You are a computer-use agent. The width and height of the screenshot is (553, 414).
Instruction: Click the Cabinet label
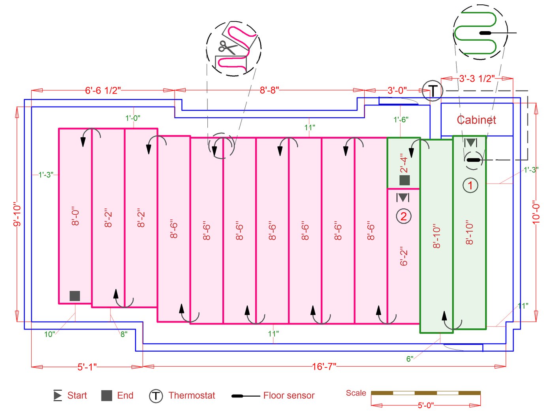[x=476, y=120]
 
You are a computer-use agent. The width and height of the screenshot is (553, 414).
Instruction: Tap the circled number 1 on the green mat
[x=470, y=185]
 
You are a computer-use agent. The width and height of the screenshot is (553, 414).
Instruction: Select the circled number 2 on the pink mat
[x=403, y=216]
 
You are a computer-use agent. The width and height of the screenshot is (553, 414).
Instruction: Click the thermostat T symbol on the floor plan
[x=433, y=91]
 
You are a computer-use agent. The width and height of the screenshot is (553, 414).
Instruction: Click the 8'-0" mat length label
[x=75, y=216]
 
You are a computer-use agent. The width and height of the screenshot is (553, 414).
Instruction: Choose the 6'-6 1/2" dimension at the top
[x=103, y=90]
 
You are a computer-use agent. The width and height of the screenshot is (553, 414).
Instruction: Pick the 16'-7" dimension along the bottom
[x=324, y=367]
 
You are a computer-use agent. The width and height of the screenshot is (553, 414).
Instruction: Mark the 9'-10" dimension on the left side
[x=17, y=215]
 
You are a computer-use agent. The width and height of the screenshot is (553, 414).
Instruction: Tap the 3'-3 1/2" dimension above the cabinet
[x=477, y=79]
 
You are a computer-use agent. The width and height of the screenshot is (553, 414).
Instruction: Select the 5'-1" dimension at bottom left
[x=87, y=367]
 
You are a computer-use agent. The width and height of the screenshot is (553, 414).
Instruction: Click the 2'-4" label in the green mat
[x=404, y=163]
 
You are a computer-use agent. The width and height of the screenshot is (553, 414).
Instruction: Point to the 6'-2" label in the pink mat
[x=404, y=257]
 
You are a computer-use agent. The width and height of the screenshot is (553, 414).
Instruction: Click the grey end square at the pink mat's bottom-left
[x=75, y=296]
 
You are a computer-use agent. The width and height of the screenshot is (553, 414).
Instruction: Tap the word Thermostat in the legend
[x=192, y=395]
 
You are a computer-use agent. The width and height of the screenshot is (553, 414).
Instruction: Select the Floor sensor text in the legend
[x=289, y=395]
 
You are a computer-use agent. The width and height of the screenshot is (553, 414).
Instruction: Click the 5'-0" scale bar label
[x=425, y=405]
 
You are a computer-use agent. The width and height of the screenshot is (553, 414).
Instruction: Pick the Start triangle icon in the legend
[x=58, y=395]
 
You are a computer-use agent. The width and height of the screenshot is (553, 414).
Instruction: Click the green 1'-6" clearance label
[x=401, y=119]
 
